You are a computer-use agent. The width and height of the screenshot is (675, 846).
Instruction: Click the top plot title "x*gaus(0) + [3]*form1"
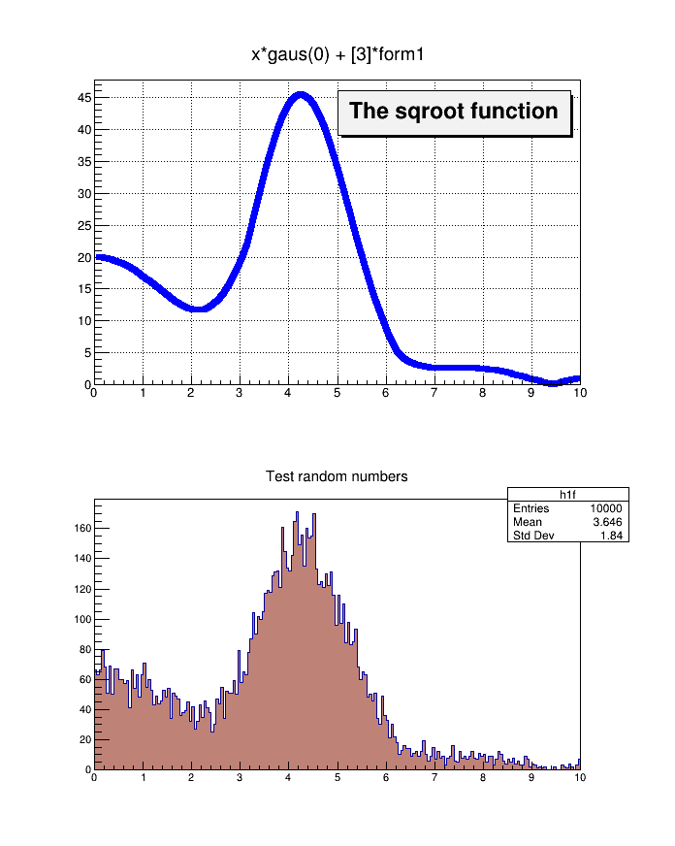[337, 56]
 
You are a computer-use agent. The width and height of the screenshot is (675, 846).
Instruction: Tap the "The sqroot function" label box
[454, 112]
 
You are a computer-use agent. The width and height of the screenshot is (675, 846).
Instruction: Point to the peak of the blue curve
[301, 95]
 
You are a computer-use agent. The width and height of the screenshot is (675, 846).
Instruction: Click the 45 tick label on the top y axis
[84, 98]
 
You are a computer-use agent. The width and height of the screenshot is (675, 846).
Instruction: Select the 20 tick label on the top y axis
[84, 257]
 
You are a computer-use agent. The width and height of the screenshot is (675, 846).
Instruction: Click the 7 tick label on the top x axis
[434, 393]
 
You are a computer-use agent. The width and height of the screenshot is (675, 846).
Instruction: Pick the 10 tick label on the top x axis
[579, 393]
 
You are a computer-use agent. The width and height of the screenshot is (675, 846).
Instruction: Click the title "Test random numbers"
[337, 476]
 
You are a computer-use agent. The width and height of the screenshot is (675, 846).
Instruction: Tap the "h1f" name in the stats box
[568, 495]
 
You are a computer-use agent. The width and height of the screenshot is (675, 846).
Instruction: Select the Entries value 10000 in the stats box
[605, 508]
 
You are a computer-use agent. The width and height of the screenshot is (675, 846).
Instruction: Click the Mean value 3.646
[608, 522]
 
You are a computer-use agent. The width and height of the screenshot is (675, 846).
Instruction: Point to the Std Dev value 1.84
[611, 535]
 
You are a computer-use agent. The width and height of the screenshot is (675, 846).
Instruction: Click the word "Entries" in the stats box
[530, 508]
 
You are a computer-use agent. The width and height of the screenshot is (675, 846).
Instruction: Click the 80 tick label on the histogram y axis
[84, 650]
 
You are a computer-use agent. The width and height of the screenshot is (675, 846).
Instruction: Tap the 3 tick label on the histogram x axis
[240, 777]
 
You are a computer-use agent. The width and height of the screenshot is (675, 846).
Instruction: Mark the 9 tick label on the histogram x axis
[531, 777]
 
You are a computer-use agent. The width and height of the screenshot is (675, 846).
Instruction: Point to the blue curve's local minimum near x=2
[199, 309]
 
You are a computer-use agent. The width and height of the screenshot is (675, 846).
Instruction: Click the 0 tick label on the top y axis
[87, 384]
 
